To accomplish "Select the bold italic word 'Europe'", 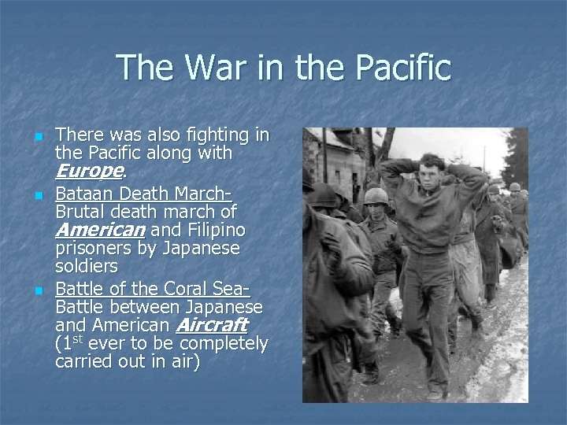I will click(89, 171).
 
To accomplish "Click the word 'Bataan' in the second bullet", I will click(82, 194).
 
